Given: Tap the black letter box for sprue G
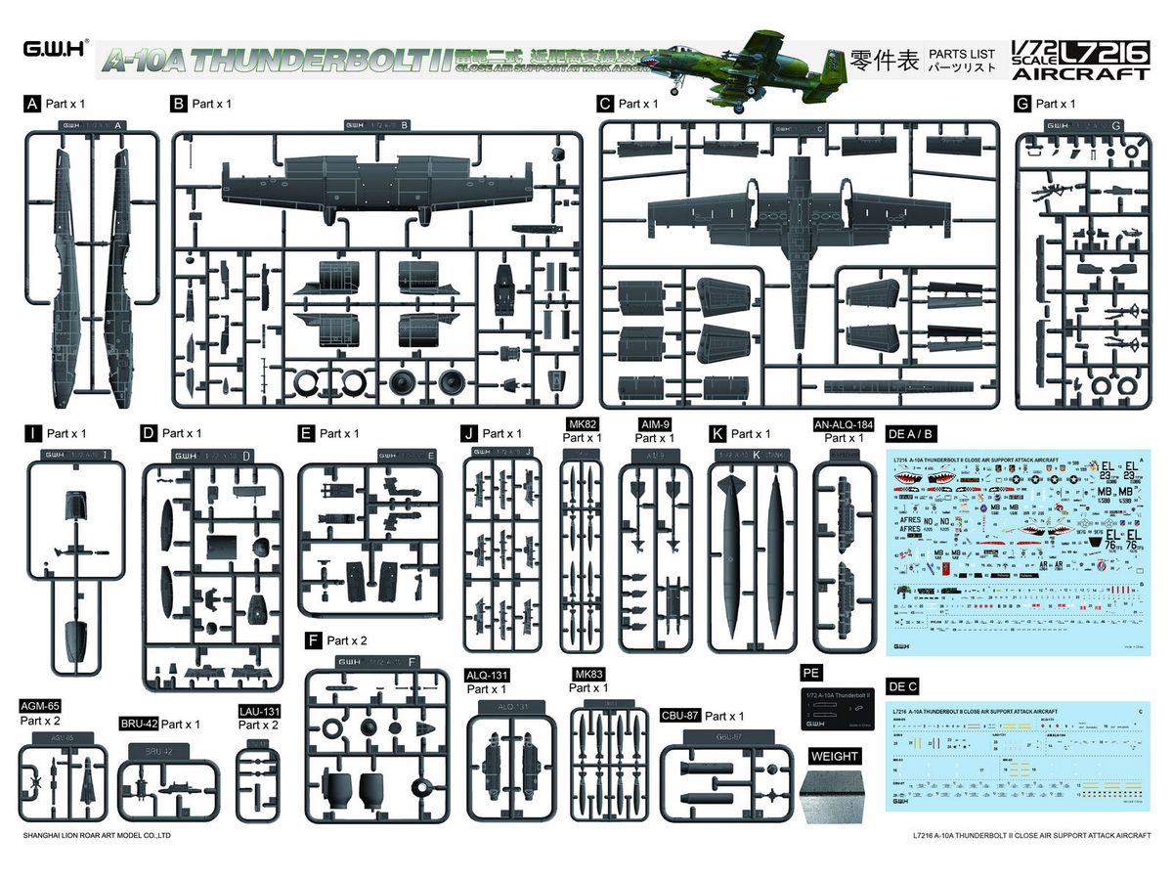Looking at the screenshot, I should pos(1023,103).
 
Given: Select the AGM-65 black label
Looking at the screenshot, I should pos(40,706).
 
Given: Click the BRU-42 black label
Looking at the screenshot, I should pos(138,725).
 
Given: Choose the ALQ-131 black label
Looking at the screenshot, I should pos(489,675).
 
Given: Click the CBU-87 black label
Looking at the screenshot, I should pos(680,716).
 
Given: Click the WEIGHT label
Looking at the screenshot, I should pos(835,756).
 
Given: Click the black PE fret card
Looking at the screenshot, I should pos(837,707).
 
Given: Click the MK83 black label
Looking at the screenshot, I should pos(591,675).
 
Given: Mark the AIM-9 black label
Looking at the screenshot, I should pos(655,424).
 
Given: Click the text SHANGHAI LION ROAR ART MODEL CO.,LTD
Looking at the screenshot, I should pos(96,836).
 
